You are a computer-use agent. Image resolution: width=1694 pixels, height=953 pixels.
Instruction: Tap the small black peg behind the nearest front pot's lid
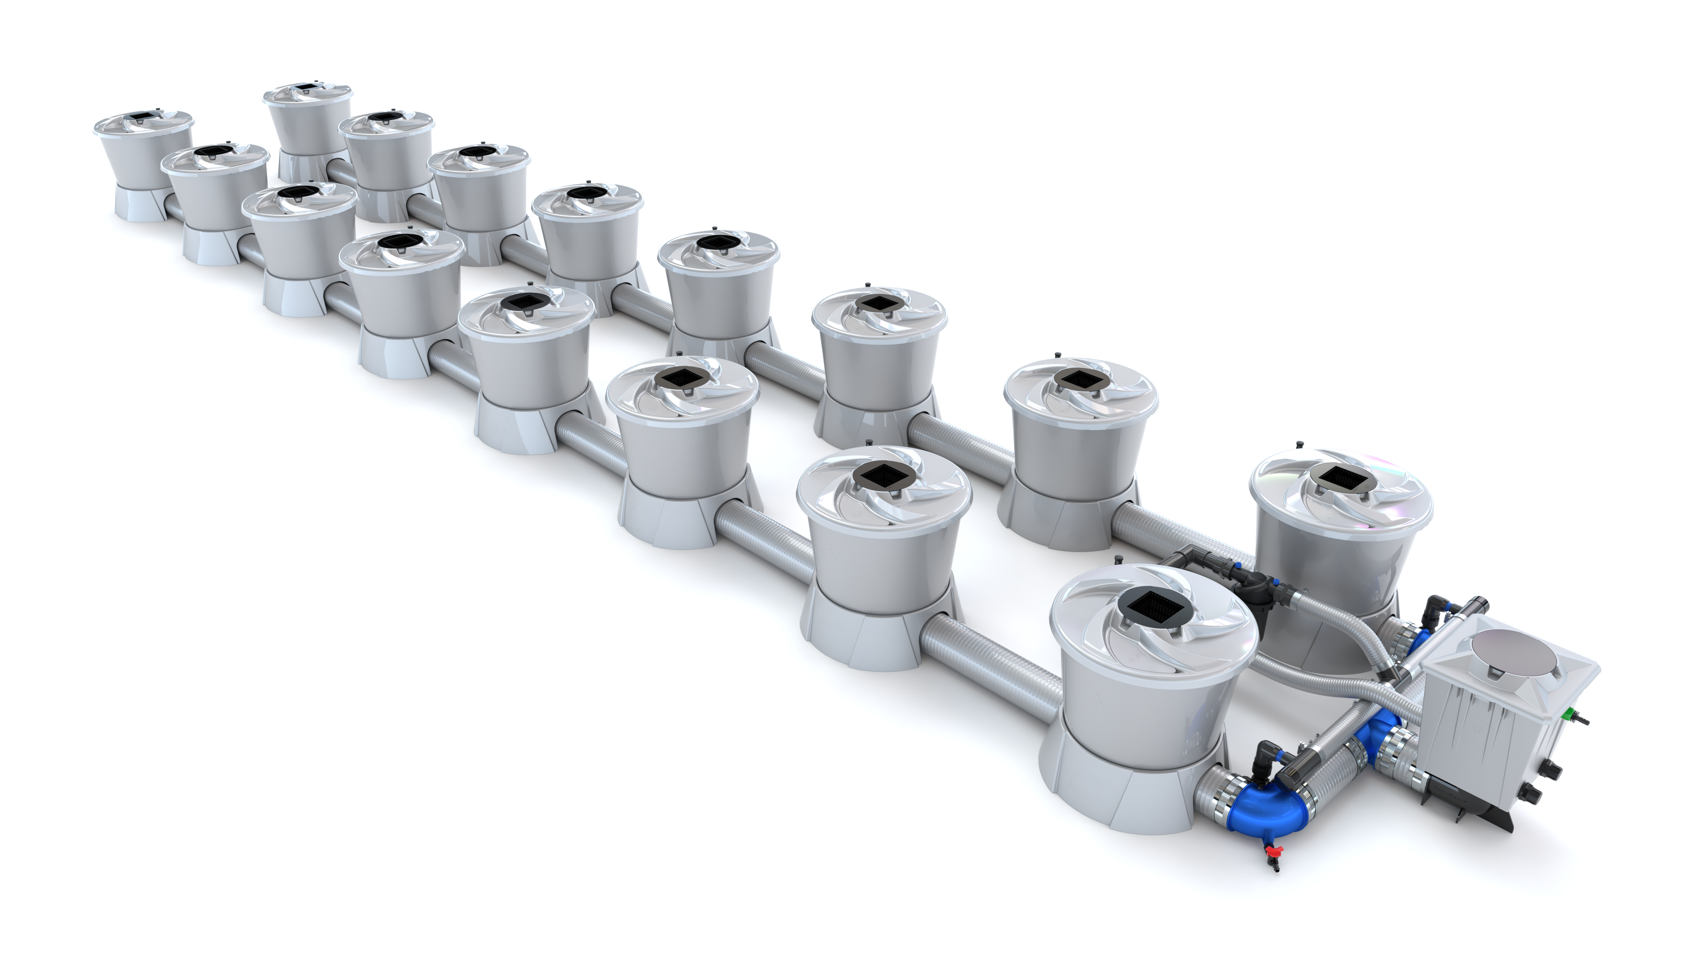(1118, 560)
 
